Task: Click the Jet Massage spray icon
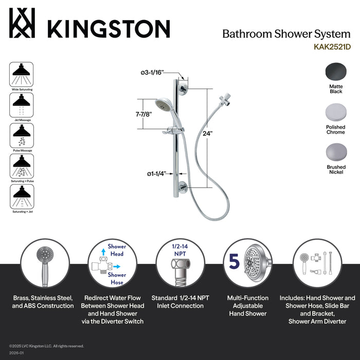pos(22,105)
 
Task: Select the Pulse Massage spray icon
pos(22,136)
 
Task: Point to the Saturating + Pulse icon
pos(22,166)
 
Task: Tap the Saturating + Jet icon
pos(22,196)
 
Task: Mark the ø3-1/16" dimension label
pos(152,73)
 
